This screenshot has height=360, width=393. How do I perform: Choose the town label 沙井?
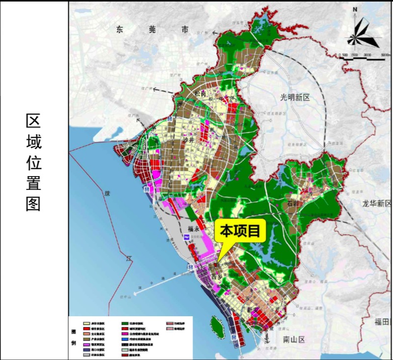tap(189, 141)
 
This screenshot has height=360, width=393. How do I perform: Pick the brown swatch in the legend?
tap(86, 339)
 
